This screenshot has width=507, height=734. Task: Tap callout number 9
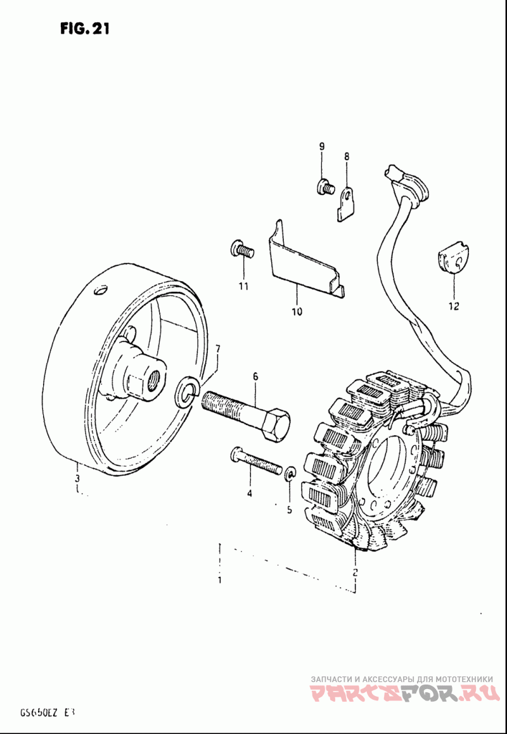(321, 146)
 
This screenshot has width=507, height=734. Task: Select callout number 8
(347, 156)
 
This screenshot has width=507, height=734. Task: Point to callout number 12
(453, 307)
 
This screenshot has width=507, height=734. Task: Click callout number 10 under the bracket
(297, 311)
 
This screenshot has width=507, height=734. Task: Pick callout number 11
(243, 287)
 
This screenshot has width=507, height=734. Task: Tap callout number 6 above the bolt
(255, 377)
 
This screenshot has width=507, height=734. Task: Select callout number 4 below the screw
(250, 493)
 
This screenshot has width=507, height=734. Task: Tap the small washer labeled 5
(290, 472)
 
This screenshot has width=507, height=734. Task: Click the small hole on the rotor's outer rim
(98, 291)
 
